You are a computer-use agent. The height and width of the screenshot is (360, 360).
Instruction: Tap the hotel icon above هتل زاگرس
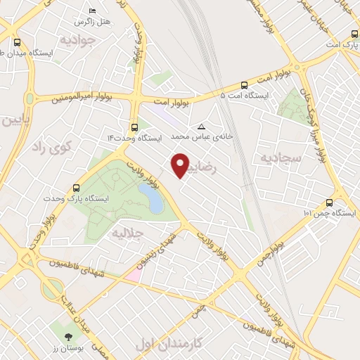tap(93, 11)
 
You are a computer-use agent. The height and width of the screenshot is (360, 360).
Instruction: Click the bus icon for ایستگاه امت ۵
tap(244, 82)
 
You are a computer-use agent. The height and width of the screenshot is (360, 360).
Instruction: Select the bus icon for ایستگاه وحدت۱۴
tap(134, 127)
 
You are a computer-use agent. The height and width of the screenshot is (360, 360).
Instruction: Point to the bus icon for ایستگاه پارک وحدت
tap(76, 188)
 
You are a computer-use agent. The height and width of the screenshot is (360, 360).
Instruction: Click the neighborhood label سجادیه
tap(281, 158)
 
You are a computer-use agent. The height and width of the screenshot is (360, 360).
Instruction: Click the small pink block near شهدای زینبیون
tap(132, 274)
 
